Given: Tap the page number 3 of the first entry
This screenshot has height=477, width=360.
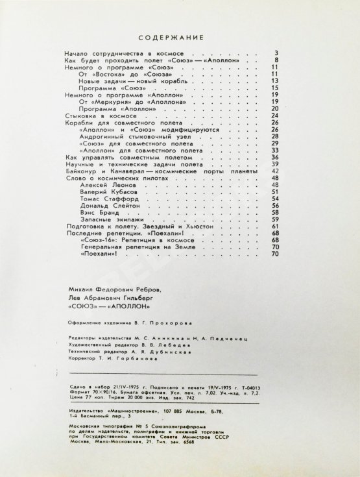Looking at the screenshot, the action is point(276,53).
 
